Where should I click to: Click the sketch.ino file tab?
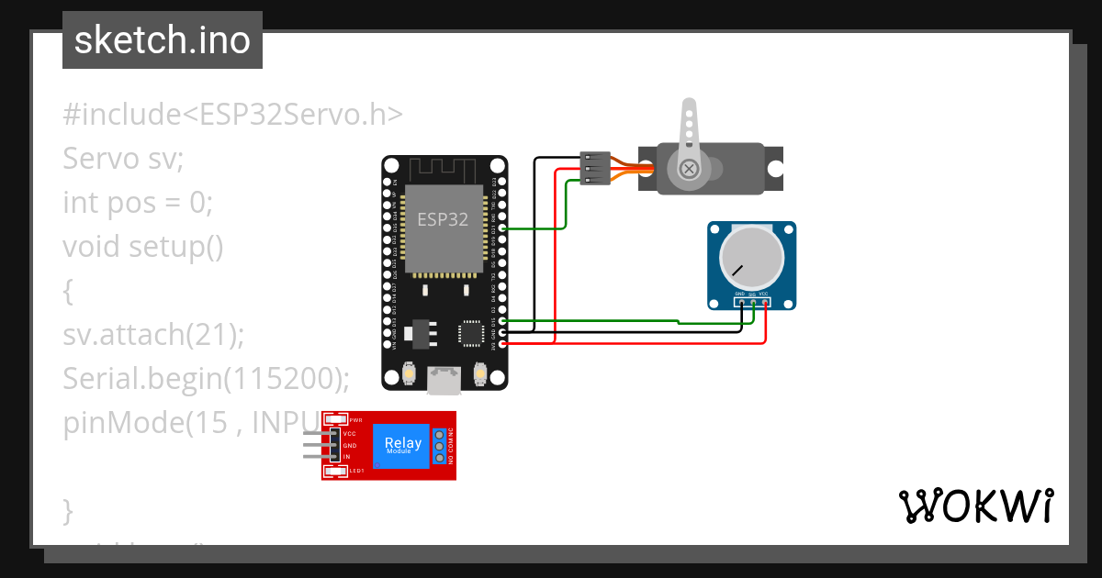(163, 40)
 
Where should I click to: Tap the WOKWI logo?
(975, 506)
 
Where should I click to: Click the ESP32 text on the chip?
(443, 220)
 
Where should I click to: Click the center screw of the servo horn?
(689, 168)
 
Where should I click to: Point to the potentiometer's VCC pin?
(765, 301)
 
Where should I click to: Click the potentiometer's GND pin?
(740, 301)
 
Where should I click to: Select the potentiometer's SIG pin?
(753, 301)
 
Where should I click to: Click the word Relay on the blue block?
(403, 443)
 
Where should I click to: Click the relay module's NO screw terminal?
(439, 457)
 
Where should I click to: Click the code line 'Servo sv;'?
(123, 159)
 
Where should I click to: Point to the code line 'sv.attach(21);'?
(153, 335)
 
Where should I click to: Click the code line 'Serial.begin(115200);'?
(207, 378)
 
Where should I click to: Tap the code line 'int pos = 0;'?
(138, 202)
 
